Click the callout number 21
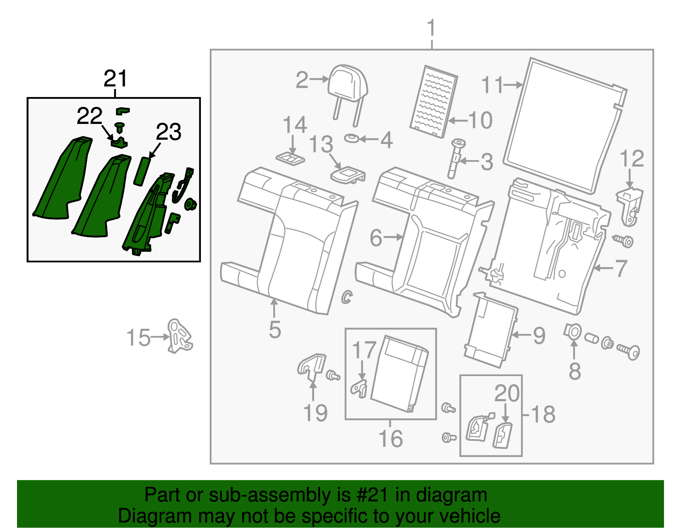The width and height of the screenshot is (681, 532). tap(115, 79)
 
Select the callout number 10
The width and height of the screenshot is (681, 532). tap(480, 121)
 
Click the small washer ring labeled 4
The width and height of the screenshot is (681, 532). tap(352, 138)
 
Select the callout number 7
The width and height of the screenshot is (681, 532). tap(621, 268)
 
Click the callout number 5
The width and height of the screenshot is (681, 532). tap(275, 329)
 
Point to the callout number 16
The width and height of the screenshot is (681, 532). tap(390, 439)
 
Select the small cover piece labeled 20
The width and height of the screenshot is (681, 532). tap(503, 435)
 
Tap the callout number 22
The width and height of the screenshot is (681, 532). tap(89, 116)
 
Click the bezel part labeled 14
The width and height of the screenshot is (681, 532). tap(291, 158)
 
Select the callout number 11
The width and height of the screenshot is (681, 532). tap(492, 85)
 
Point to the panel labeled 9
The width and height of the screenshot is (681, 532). tap(490, 330)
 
